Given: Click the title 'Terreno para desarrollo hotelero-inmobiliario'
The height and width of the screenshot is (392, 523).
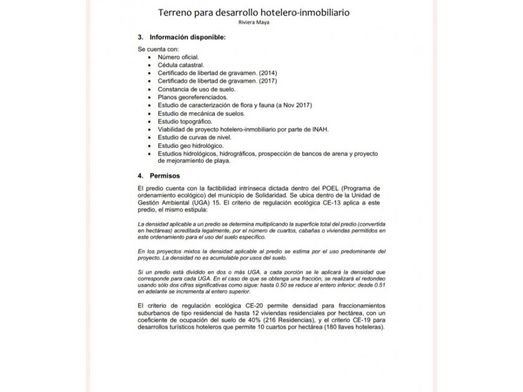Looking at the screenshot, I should click(x=261, y=12).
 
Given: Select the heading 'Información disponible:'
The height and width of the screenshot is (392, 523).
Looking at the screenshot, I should click(x=183, y=37).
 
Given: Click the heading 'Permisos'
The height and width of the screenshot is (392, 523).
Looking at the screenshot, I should click(x=166, y=176).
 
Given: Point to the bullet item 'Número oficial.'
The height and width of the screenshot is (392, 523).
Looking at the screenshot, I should click(x=178, y=57).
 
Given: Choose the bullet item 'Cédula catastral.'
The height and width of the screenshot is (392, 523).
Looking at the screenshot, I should click(x=181, y=65).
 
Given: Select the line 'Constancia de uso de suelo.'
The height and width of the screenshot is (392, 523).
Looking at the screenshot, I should click(x=197, y=89).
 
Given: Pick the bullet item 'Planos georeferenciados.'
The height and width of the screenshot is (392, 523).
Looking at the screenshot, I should click(x=192, y=97).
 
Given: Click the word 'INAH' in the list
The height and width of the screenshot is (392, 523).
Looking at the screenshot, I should click(x=319, y=129).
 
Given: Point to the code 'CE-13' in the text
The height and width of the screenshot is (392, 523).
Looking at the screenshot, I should click(x=334, y=203).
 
